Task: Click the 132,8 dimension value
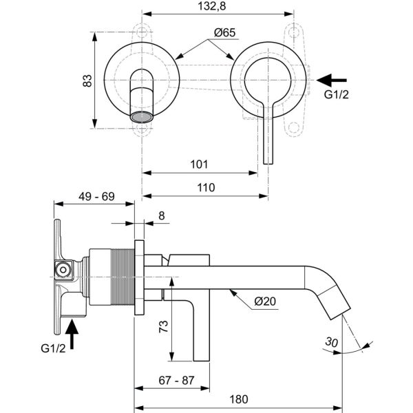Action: (x=215, y=6)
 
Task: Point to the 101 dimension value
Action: (x=198, y=165)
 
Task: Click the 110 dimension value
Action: (x=205, y=187)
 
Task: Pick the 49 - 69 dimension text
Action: (x=96, y=197)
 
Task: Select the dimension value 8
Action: (x=162, y=215)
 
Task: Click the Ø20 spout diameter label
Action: (x=266, y=300)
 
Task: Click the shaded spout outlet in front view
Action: (x=142, y=116)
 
